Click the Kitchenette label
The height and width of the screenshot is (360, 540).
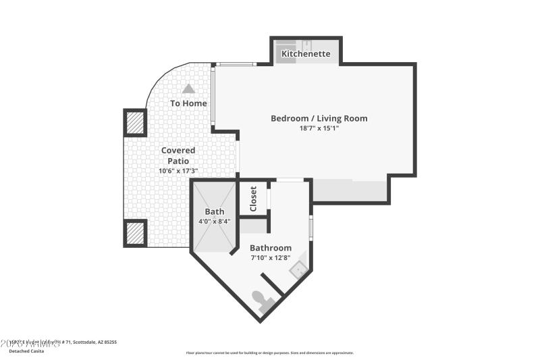306,53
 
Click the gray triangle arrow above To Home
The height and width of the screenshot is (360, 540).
188,88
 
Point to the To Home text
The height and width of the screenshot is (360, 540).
188,103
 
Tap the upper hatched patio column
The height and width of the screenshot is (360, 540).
136,123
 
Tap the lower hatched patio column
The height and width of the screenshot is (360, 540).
136,233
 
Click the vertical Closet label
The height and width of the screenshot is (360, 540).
254,199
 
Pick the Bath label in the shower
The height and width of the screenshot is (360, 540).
215,211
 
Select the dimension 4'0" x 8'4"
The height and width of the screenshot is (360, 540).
215,221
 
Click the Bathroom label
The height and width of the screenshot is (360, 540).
271,248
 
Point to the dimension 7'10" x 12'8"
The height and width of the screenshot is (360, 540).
271,257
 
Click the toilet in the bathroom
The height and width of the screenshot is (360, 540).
263,300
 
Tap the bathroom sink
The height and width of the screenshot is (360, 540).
298,269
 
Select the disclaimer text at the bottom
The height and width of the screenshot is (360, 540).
269,353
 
